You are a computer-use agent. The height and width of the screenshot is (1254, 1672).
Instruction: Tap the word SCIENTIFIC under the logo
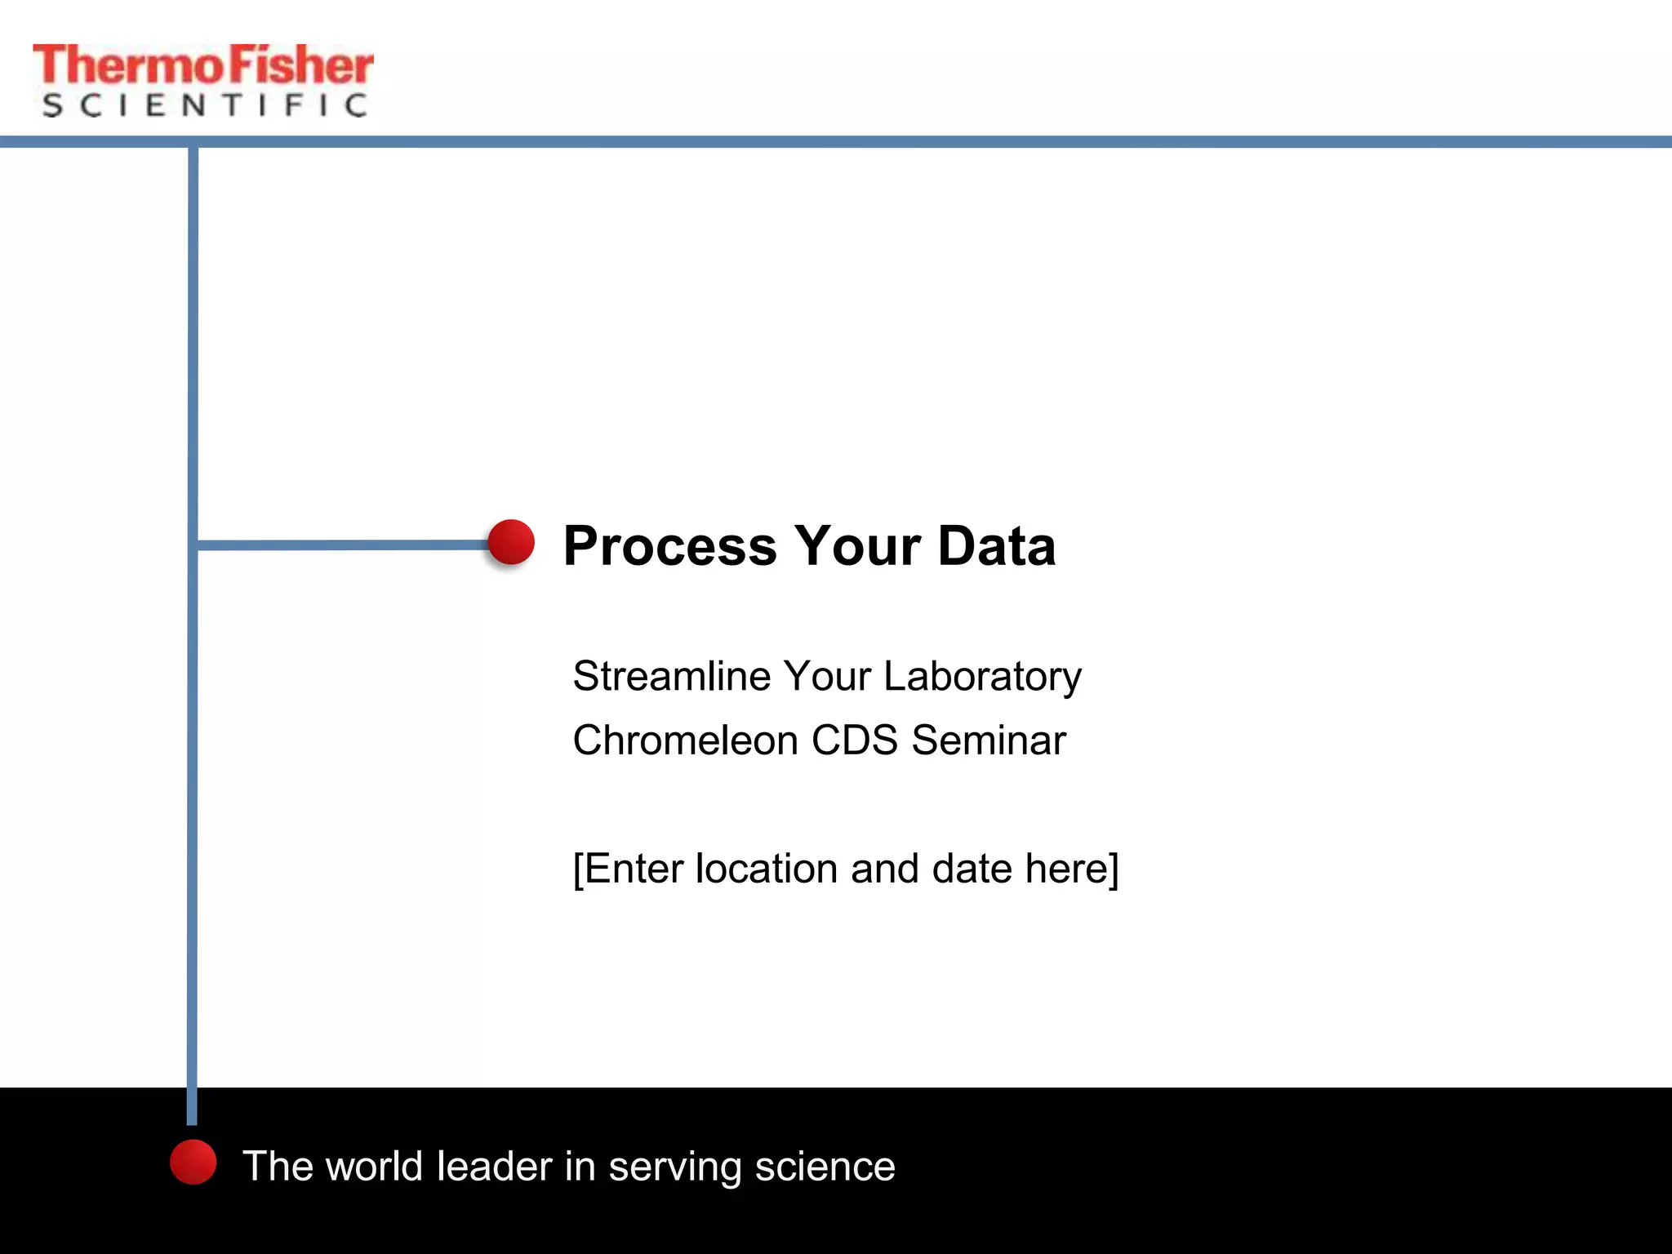pos(204,105)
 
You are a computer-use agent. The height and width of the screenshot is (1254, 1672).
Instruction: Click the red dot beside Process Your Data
pos(511,542)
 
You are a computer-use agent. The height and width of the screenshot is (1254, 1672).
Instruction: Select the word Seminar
pos(989,740)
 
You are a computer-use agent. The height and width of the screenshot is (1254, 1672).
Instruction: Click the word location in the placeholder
pos(766,869)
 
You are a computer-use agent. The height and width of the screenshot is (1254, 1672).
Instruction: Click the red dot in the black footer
pos(193,1162)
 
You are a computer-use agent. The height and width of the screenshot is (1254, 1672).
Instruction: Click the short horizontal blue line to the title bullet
pos(343,545)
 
